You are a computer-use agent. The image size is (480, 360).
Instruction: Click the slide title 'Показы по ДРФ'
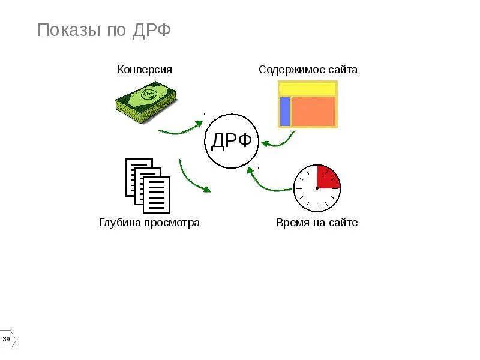(x=104, y=30)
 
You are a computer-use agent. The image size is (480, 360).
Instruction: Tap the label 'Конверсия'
(x=145, y=69)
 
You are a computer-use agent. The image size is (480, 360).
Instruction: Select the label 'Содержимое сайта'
(x=308, y=69)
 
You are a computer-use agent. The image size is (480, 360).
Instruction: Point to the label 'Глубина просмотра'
(x=149, y=223)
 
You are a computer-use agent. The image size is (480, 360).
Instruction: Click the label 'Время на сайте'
(x=317, y=223)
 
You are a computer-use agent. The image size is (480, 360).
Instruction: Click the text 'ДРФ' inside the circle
(x=232, y=142)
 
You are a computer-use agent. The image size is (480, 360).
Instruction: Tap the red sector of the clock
(x=327, y=177)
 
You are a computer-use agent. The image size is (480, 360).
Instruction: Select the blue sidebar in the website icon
(x=285, y=111)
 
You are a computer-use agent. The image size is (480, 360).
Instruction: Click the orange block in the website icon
(x=313, y=111)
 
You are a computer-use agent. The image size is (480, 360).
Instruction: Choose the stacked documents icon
(x=148, y=185)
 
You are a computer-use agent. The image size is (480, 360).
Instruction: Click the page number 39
(x=7, y=340)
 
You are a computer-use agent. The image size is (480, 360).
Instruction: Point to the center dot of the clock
(x=317, y=188)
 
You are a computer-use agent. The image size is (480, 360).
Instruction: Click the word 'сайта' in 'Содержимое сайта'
(x=343, y=69)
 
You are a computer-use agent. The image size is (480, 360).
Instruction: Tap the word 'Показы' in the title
(x=67, y=30)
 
